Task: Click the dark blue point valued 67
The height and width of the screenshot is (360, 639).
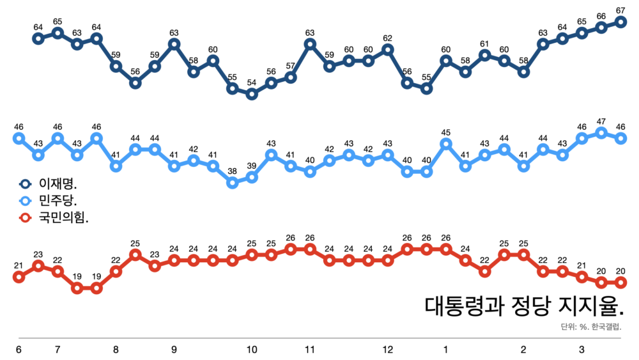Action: pos(620,22)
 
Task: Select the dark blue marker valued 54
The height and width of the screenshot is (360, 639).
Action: pos(252,94)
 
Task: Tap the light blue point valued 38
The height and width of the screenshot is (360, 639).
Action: pos(233,183)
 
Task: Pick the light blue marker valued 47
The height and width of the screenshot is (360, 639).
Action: pos(601,132)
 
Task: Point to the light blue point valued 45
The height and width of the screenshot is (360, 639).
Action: pos(446,144)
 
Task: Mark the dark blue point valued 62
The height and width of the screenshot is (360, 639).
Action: pos(388,49)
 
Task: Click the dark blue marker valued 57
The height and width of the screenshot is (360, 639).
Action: pos(291,77)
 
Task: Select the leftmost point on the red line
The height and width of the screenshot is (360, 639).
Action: pos(19,277)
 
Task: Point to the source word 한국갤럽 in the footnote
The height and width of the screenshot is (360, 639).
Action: pos(606,327)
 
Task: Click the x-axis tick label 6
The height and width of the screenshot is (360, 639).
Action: pos(19,350)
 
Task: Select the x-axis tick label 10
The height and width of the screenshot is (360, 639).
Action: pos(252,350)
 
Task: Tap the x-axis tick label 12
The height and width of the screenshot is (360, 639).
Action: pos(388,350)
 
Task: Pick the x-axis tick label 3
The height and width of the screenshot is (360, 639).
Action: pos(581,350)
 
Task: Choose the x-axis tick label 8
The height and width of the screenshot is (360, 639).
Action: pos(116,350)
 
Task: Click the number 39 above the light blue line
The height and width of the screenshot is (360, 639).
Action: pos(252,166)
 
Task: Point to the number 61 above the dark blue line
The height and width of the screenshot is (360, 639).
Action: pos(485,44)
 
